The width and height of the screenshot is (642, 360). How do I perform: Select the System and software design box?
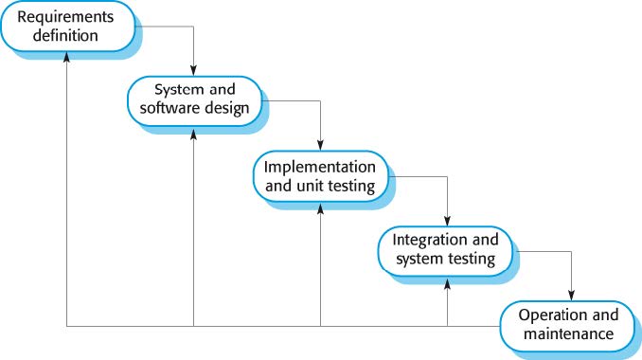point(194,99)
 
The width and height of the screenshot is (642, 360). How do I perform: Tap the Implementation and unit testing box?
point(319,174)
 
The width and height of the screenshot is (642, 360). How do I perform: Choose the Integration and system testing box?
point(445,248)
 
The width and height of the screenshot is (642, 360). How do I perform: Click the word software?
point(170,108)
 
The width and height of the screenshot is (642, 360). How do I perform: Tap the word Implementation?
point(319,165)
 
